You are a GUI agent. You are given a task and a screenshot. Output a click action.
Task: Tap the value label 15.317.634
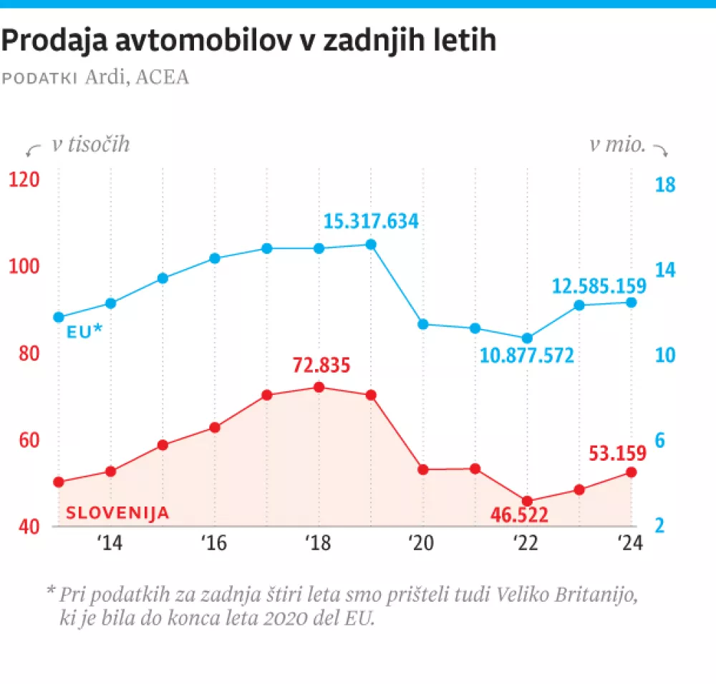(x=370, y=221)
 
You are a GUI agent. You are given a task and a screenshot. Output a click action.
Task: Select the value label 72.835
(x=321, y=366)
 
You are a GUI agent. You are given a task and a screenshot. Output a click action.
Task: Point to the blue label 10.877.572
(x=527, y=354)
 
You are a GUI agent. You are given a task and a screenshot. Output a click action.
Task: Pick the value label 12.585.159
(x=599, y=286)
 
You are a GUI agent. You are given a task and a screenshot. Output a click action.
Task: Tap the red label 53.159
(x=617, y=453)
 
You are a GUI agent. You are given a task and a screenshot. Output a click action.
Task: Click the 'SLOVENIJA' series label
(x=118, y=512)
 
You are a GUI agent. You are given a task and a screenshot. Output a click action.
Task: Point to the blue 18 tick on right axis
(x=665, y=185)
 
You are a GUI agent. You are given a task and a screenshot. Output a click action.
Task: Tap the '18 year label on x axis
(x=318, y=543)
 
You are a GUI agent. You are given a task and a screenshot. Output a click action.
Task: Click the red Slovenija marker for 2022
(x=528, y=502)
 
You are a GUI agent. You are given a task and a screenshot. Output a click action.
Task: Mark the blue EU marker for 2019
(x=371, y=244)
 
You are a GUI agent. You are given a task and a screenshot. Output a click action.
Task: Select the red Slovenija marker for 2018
(x=319, y=387)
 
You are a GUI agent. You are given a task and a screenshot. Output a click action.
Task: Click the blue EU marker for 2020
(x=423, y=324)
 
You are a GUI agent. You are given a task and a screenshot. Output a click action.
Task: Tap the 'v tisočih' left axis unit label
(x=90, y=145)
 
